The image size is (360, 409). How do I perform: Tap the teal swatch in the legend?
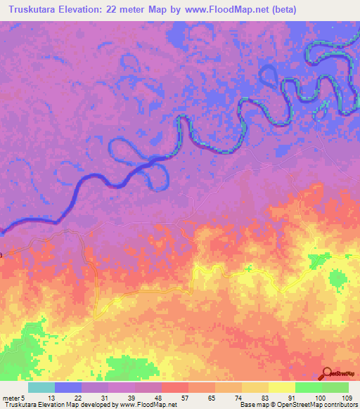[41, 387]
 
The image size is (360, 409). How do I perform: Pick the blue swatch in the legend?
[68, 387]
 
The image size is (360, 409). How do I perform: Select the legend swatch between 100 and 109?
[335, 387]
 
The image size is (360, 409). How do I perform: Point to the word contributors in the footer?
[338, 405]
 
